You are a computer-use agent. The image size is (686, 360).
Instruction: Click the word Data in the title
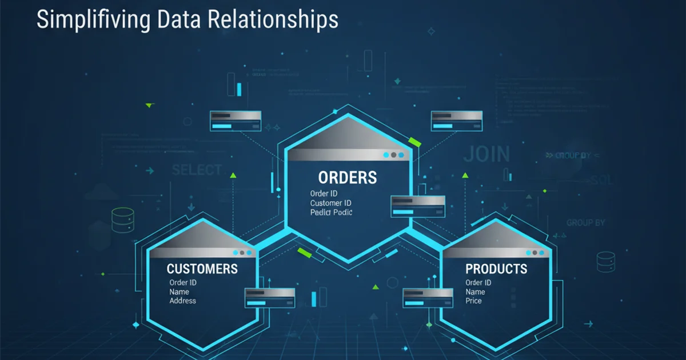click(177, 20)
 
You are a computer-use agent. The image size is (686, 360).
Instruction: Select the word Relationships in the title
click(273, 20)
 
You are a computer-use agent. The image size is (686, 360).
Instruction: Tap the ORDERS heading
click(348, 177)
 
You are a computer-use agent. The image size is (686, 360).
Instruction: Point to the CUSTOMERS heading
click(202, 269)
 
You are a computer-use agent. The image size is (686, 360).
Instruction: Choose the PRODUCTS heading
click(496, 269)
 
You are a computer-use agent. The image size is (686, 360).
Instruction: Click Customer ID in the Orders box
click(330, 203)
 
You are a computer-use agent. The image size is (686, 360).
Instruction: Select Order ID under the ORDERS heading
click(324, 194)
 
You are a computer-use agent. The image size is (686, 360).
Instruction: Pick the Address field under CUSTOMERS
click(182, 301)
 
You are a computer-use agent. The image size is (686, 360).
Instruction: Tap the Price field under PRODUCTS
click(474, 301)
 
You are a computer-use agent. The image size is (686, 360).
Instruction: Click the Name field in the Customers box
click(179, 292)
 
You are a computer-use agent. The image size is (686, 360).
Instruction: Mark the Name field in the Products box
click(475, 292)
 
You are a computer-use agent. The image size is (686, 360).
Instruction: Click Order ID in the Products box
click(478, 283)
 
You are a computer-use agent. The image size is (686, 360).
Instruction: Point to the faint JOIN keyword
click(486, 154)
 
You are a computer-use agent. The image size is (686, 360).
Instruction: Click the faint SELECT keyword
click(197, 170)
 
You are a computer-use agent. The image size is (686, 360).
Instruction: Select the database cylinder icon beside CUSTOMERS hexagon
click(123, 219)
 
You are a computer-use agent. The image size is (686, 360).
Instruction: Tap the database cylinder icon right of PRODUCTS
click(605, 262)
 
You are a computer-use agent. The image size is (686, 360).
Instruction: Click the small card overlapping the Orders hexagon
click(417, 206)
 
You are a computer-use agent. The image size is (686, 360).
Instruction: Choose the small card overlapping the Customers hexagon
click(270, 298)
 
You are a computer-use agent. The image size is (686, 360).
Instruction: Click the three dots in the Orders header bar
click(393, 155)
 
